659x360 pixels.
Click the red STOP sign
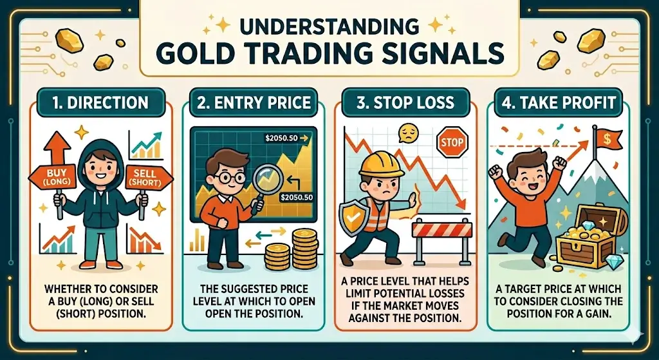point(452,142)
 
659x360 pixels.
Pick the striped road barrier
point(442,236)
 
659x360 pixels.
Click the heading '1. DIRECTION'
point(100,102)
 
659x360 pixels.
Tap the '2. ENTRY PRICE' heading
point(254,102)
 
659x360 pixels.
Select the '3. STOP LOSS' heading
point(405,102)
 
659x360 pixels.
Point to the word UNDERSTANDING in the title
point(327,26)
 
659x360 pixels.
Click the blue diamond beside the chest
point(612,261)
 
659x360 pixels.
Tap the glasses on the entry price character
point(230,178)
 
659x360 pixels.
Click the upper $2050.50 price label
point(284,137)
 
